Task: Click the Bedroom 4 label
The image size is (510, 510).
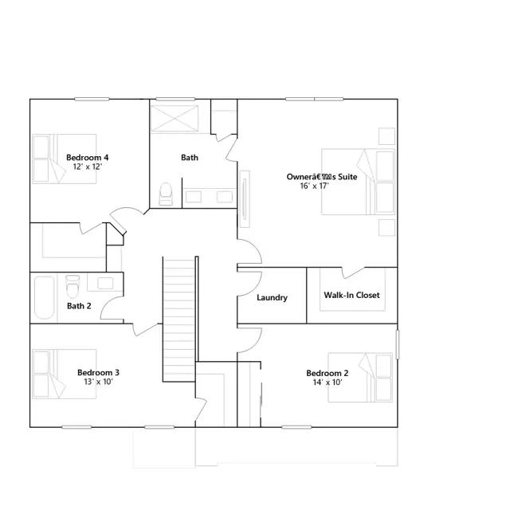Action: pyautogui.click(x=88, y=158)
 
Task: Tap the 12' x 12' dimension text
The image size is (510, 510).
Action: pyautogui.click(x=88, y=167)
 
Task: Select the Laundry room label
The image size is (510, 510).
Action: pyautogui.click(x=273, y=297)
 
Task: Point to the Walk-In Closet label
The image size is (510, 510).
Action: pyautogui.click(x=351, y=295)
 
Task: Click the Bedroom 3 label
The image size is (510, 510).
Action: pyautogui.click(x=98, y=372)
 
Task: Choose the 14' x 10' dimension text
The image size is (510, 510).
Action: pyautogui.click(x=328, y=382)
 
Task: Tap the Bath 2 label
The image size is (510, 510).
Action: pyautogui.click(x=79, y=306)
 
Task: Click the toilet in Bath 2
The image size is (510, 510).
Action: pyautogui.click(x=73, y=286)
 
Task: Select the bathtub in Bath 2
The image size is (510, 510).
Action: pyautogui.click(x=44, y=297)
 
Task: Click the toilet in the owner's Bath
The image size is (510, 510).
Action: pyautogui.click(x=166, y=194)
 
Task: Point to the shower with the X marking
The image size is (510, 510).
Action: pyautogui.click(x=175, y=119)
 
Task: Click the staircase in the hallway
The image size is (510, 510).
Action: pyautogui.click(x=179, y=319)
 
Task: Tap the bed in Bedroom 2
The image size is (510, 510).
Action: pyautogui.click(x=360, y=377)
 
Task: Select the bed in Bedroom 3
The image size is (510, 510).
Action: pyautogui.click(x=65, y=374)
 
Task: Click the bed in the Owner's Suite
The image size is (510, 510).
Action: pyautogui.click(x=358, y=182)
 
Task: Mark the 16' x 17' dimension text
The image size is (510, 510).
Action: pyautogui.click(x=314, y=186)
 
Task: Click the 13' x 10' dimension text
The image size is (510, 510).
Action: pyautogui.click(x=98, y=382)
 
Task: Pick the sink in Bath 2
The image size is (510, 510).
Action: pyautogui.click(x=105, y=283)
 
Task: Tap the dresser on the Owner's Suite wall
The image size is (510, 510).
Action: pyautogui.click(x=245, y=199)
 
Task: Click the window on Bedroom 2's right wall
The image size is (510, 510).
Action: pyautogui.click(x=397, y=344)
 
